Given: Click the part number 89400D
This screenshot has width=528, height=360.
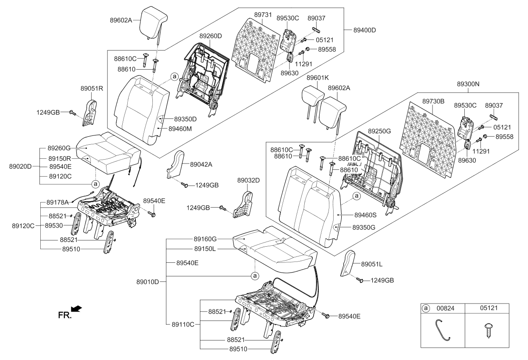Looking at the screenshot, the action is click(365, 30).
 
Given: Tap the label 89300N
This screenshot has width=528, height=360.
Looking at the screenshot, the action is click(468, 84).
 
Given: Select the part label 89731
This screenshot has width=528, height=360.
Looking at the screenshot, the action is click(263, 15).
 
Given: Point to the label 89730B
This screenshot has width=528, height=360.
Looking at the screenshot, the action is click(433, 101).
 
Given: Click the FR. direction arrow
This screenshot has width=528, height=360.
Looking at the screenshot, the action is click(76, 309).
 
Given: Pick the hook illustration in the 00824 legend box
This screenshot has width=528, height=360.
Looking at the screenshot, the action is click(442, 330).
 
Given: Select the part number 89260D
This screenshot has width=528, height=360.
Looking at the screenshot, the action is click(211, 36).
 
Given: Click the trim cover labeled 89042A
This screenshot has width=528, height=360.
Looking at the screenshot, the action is click(176, 164).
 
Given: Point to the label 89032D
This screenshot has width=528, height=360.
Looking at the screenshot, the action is click(248, 180).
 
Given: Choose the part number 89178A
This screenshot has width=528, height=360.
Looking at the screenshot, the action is click(57, 202).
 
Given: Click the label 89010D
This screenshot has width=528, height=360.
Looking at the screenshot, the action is click(148, 282).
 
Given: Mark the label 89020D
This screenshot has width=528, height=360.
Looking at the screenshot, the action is click(20, 166).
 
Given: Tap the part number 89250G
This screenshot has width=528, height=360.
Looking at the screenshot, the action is click(379, 131).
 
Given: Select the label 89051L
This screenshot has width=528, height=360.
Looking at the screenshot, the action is click(372, 264).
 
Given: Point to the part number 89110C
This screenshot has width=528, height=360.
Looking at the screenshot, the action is click(183, 325).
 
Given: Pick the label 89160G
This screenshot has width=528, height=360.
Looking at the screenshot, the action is click(205, 239).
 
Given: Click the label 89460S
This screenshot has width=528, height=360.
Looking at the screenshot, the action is click(365, 215).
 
